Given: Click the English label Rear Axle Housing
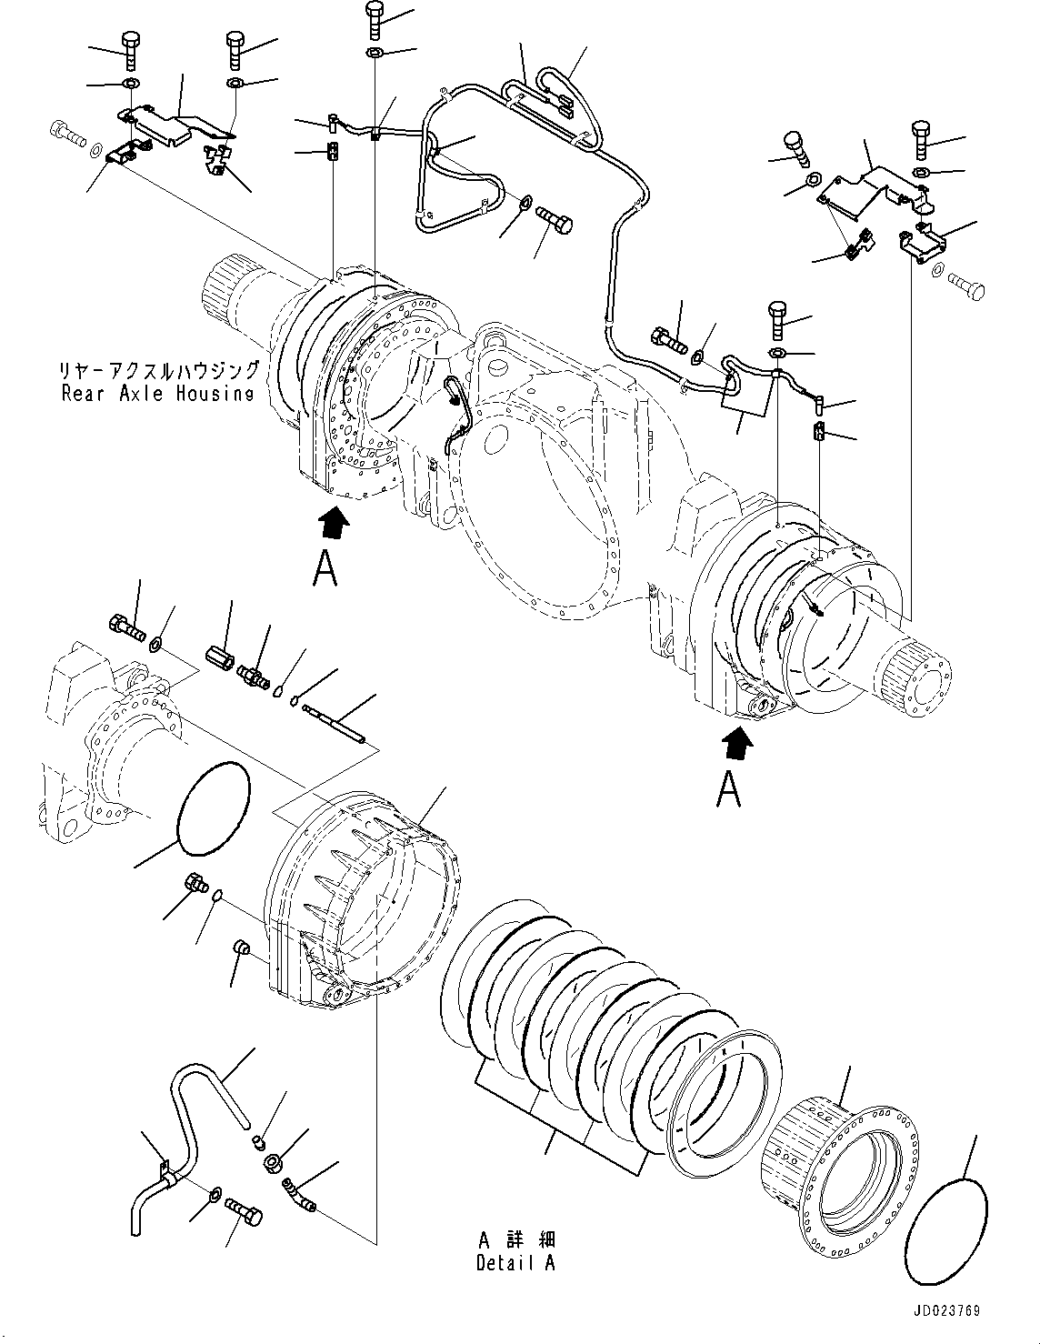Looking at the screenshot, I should coord(157,393).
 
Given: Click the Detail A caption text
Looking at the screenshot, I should coord(515,1263).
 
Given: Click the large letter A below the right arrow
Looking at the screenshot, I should coord(728,789).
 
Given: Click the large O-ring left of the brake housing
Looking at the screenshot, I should coord(212,808).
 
